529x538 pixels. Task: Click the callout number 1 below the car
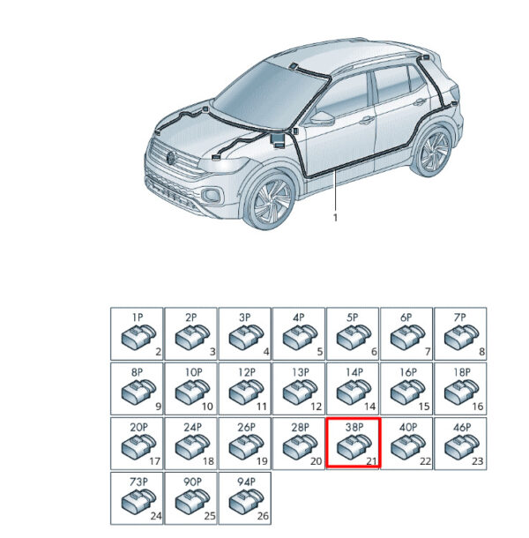(x=336, y=218)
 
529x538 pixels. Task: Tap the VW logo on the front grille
(x=170, y=158)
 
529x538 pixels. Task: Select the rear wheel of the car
(x=434, y=152)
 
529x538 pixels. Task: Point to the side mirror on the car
(x=322, y=118)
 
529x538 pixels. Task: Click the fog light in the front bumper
(x=212, y=195)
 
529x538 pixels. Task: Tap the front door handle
(x=367, y=120)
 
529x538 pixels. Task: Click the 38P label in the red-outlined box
(x=354, y=427)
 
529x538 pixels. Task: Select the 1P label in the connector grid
(x=138, y=318)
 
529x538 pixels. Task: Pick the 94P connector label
(x=246, y=482)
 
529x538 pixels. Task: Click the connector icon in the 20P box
(x=138, y=445)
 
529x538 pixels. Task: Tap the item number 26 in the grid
(x=263, y=516)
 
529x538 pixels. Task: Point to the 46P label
(x=462, y=427)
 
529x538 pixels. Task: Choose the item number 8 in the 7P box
(x=481, y=352)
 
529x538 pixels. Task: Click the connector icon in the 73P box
(x=138, y=501)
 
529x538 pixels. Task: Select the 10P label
(x=193, y=372)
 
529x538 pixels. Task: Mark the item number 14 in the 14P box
(x=369, y=407)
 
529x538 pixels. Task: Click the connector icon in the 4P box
(x=300, y=337)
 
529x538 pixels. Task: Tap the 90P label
(x=192, y=482)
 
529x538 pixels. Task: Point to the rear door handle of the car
(x=420, y=102)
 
